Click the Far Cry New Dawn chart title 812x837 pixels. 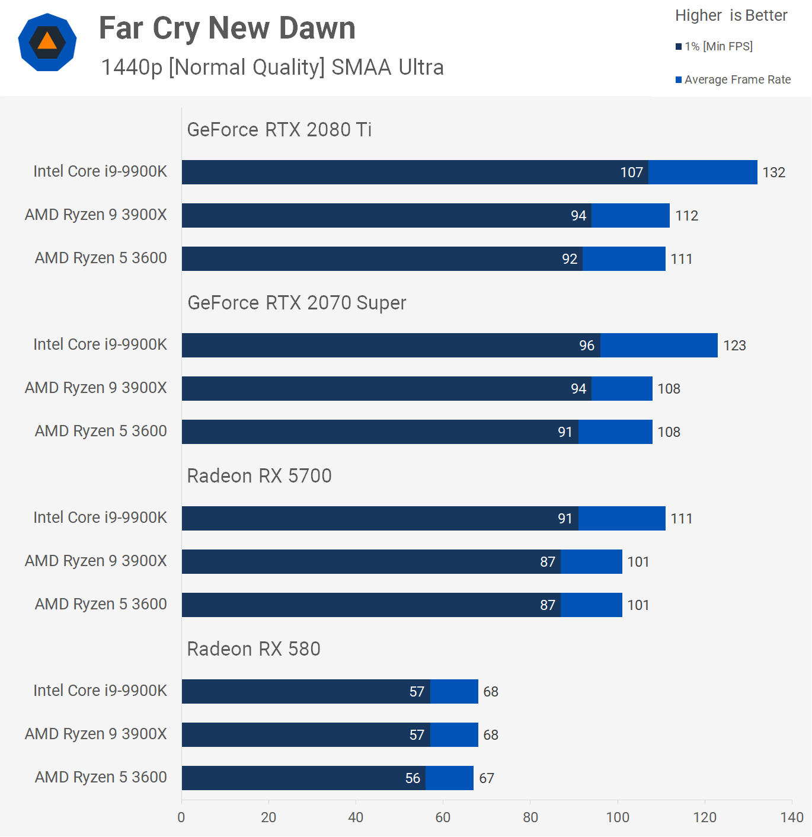pos(227,28)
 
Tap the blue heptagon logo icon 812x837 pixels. pos(47,42)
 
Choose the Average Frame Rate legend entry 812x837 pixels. pos(733,79)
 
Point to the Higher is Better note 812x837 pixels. pos(731,15)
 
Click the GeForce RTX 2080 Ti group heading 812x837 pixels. pos(279,129)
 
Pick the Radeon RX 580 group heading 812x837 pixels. pos(254,649)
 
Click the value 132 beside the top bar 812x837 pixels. pos(773,172)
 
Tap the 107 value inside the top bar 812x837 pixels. pos(631,172)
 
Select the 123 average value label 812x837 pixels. pos(734,346)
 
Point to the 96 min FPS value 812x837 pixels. pos(587,346)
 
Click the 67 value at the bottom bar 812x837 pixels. pos(487,778)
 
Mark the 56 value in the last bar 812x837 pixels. pos(413,778)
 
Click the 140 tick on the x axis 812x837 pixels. pos(792,817)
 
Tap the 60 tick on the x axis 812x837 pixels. pos(443,817)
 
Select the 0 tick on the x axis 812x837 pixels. pos(181,817)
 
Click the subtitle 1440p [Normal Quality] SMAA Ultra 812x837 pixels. pos(272,68)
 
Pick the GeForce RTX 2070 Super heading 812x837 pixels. pos(297,303)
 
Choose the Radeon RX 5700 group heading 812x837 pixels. pos(259,476)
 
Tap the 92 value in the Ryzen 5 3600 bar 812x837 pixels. pos(570,259)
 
